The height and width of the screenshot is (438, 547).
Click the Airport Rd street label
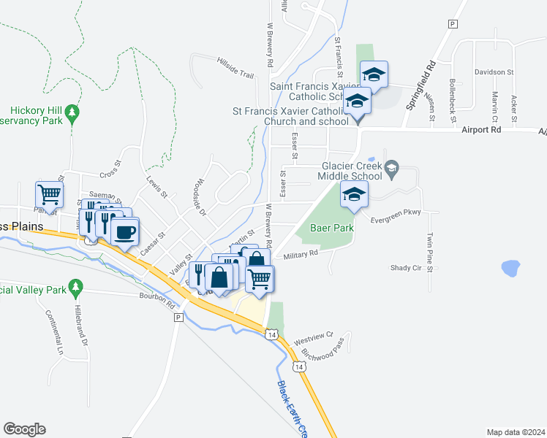coord(480,129)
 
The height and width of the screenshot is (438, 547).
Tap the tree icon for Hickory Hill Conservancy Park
coord(72,112)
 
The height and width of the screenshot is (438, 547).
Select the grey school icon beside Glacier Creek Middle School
coord(392,168)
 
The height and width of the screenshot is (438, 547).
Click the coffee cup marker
coord(125,232)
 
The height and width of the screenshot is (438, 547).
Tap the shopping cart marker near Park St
coord(49,194)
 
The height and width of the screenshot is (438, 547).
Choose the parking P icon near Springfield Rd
coord(453,24)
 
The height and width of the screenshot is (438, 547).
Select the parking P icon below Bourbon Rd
coord(178,318)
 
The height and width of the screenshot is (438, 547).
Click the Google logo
coord(24,429)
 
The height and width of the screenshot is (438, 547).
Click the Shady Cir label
coord(406,267)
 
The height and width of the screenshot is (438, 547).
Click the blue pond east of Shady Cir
coord(510,268)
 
